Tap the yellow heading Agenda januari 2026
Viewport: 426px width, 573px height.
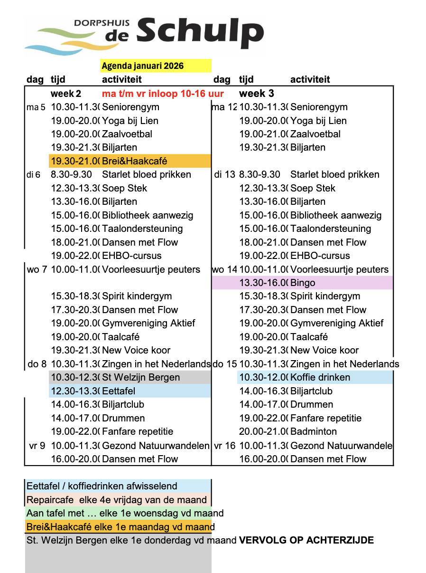click(x=142, y=66)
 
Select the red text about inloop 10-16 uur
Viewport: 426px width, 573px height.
click(x=163, y=94)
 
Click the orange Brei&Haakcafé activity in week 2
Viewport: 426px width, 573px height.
click(x=134, y=161)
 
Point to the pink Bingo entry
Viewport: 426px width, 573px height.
click(x=303, y=283)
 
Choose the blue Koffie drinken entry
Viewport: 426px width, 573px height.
click(x=320, y=377)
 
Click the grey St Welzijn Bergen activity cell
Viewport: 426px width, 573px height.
click(x=141, y=378)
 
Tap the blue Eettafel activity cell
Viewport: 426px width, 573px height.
click(x=119, y=391)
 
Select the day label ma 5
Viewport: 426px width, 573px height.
click(x=36, y=107)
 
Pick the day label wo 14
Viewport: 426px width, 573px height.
click(x=224, y=269)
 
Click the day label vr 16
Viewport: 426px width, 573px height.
click(x=224, y=446)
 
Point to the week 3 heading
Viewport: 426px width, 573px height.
click(x=257, y=94)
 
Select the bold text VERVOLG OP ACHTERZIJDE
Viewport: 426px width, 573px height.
click(x=306, y=540)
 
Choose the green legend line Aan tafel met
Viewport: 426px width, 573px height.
click(x=125, y=513)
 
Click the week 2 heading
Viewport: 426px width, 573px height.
click(x=66, y=94)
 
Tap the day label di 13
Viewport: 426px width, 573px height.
click(x=224, y=174)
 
